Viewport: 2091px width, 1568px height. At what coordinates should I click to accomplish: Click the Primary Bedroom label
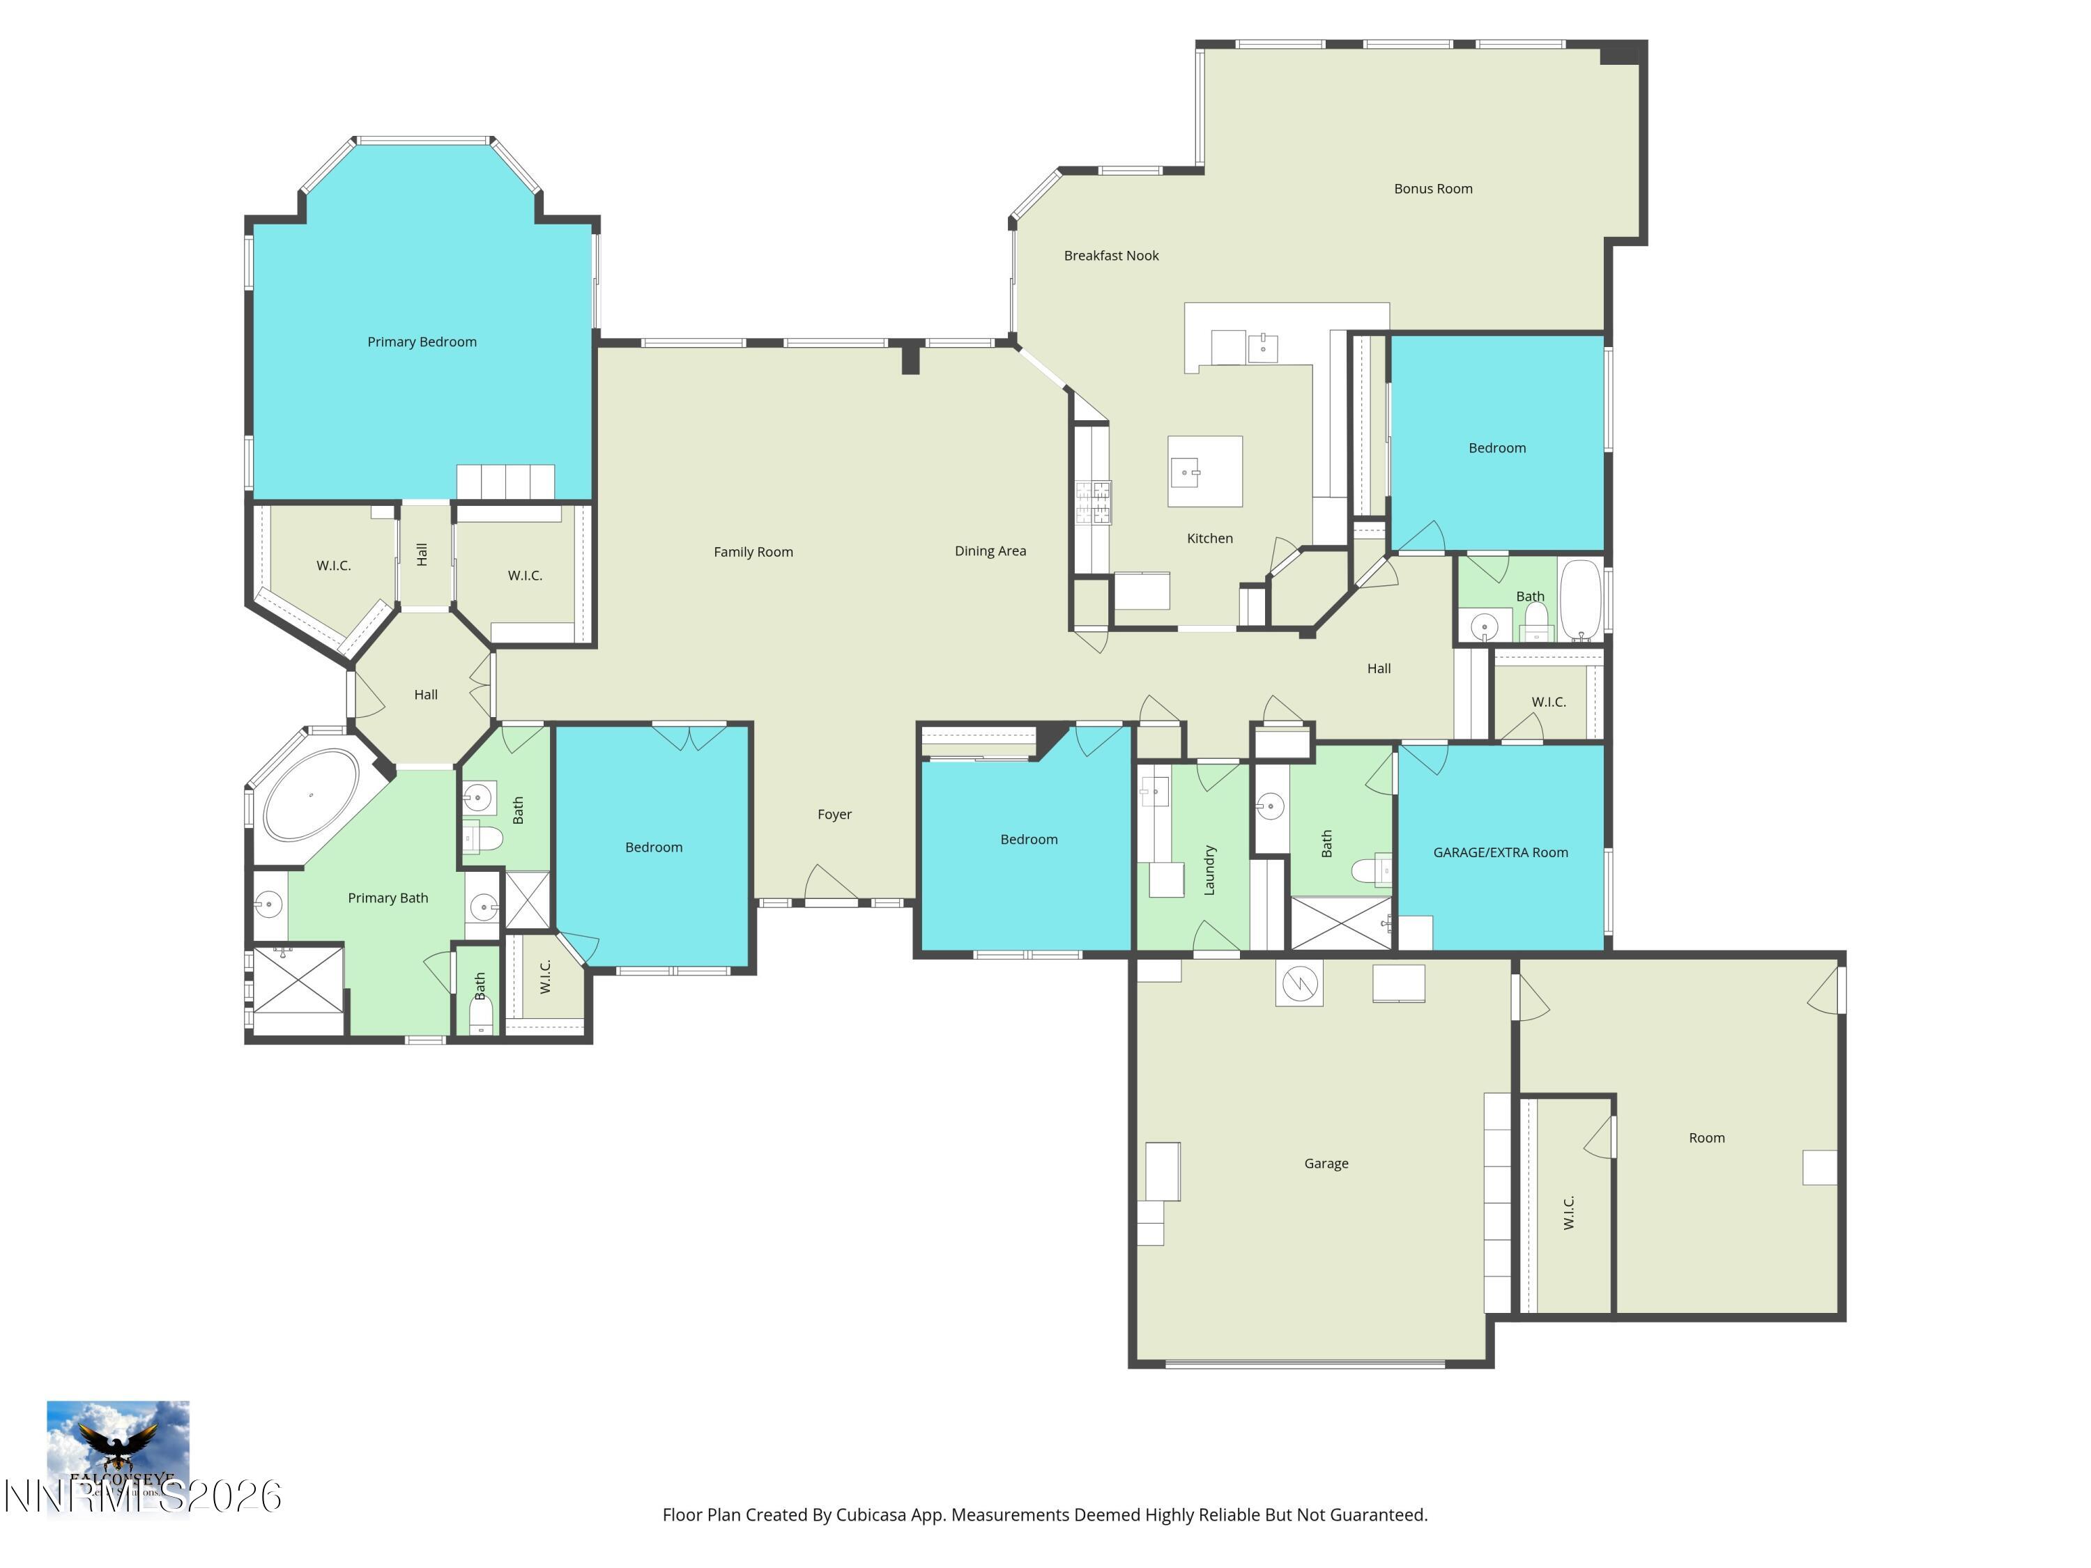(x=422, y=342)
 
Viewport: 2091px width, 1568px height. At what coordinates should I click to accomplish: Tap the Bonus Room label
(x=1432, y=189)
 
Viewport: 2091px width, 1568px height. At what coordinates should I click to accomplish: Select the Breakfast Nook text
(x=1111, y=256)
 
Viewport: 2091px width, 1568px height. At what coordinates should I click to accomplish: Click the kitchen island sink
(x=1186, y=470)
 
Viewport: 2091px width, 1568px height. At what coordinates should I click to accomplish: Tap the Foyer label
(x=834, y=815)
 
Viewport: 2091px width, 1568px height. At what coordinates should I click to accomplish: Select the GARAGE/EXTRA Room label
(x=1499, y=852)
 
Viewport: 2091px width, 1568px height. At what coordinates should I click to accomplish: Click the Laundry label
(x=1209, y=870)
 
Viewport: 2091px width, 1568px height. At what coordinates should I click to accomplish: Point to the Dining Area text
(x=990, y=551)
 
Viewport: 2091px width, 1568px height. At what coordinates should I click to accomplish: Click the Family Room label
(x=753, y=552)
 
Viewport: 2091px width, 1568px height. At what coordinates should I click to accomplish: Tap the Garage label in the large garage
(x=1325, y=1164)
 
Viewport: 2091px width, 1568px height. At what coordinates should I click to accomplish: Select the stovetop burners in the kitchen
(x=1093, y=502)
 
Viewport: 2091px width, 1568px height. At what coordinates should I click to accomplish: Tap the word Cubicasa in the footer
(x=871, y=1515)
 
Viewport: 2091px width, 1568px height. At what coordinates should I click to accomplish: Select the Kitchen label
(x=1209, y=539)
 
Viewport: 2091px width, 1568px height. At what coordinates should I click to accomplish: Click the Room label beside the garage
(x=1706, y=1138)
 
